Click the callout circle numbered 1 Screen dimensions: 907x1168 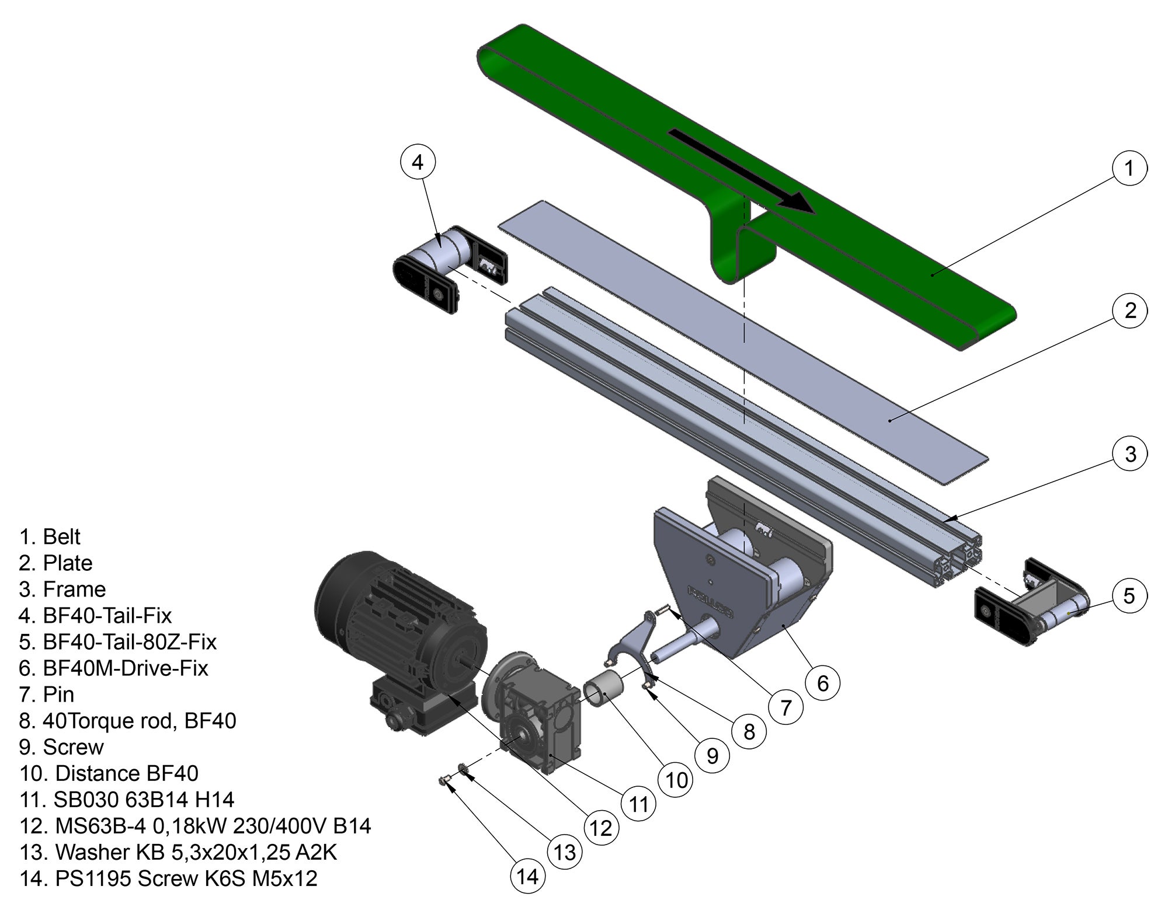coord(1128,168)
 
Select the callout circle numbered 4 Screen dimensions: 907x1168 coord(418,162)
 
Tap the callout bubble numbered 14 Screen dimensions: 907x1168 coord(527,876)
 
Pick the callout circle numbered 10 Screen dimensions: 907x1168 coord(676,780)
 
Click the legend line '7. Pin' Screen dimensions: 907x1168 coord(47,695)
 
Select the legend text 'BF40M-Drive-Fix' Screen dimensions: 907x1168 coord(125,668)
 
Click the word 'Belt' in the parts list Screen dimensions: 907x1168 coord(61,537)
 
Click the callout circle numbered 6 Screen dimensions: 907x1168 coord(822,682)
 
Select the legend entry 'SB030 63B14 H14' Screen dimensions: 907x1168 coord(144,800)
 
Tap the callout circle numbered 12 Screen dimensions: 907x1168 coord(600,828)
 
